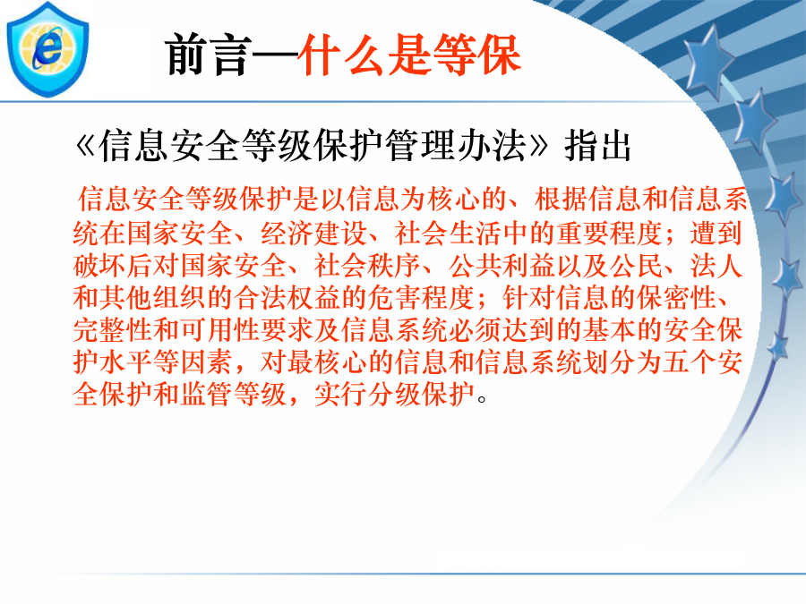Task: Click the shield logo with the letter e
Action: pos(47,50)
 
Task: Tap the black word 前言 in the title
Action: pos(208,55)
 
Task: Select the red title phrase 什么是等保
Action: pos(409,55)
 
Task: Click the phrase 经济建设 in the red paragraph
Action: pos(313,233)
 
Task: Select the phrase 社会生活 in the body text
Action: pos(448,233)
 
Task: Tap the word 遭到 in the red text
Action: pos(716,233)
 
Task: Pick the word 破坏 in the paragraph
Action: pos(99,266)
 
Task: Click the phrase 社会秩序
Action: pos(367,266)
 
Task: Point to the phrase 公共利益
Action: pos(502,266)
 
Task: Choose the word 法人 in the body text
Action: pos(716,266)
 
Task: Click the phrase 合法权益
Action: pos(287,298)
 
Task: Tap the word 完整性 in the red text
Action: pos(113,330)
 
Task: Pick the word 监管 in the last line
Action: pos(207,395)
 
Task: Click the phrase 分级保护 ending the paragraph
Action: pos(421,395)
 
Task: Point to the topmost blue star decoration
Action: pos(709,63)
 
